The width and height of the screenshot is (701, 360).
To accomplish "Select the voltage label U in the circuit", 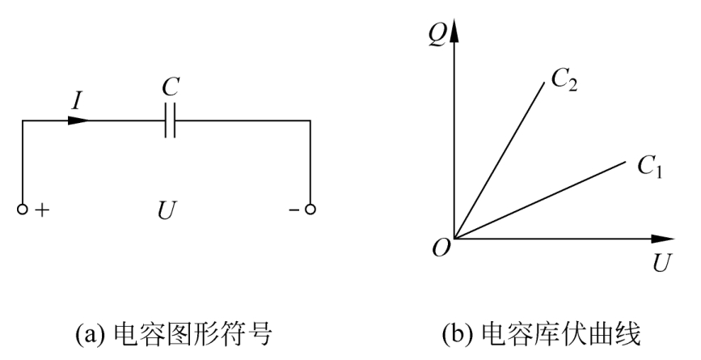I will pos(167,211).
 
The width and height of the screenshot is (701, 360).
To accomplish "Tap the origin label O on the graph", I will pos(441,249).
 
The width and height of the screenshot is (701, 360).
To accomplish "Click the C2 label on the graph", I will pos(563,78).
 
